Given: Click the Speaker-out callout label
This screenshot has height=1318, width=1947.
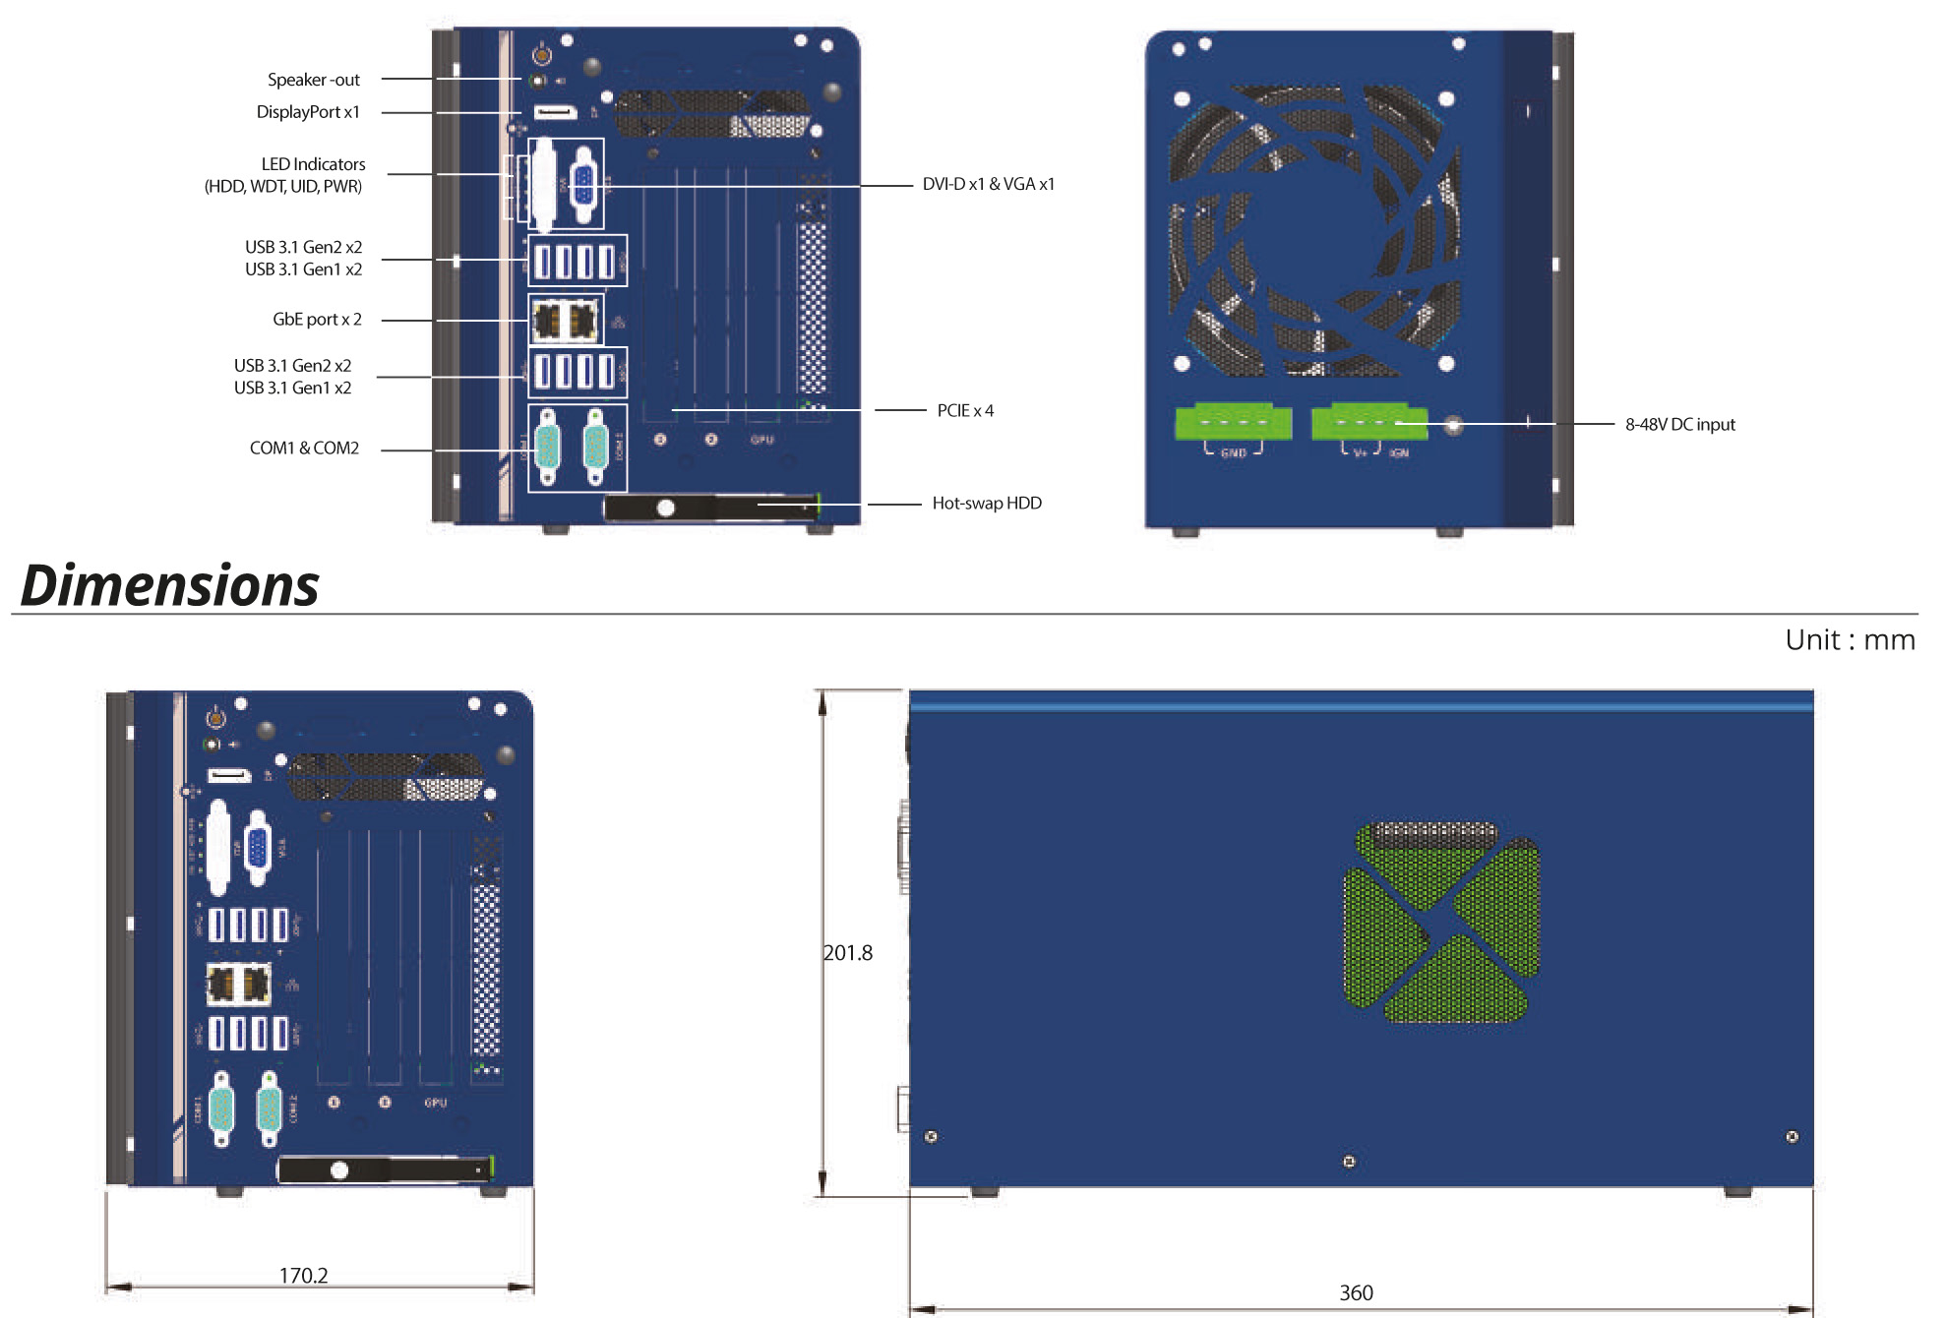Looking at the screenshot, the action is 313,80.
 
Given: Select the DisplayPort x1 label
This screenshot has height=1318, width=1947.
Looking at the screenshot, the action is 308,112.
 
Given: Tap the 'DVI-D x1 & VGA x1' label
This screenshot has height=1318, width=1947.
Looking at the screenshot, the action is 988,184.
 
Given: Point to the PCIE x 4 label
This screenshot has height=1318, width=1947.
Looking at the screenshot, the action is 965,410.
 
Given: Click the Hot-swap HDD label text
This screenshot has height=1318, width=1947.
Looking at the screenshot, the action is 987,503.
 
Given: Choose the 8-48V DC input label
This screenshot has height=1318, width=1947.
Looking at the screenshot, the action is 1679,424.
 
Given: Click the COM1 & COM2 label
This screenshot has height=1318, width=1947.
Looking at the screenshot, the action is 304,448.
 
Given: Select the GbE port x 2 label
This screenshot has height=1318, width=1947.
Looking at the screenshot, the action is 317,319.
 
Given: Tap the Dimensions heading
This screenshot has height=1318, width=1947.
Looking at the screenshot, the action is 169,585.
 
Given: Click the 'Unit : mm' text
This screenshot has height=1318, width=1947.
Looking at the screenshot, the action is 1850,640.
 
